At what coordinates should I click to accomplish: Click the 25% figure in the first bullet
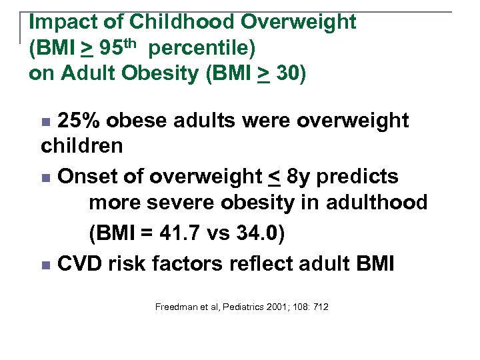click(79, 121)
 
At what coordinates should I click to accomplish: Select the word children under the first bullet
click(82, 145)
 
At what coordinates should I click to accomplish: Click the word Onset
click(87, 176)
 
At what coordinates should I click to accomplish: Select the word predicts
click(366, 177)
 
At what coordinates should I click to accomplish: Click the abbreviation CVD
click(80, 264)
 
